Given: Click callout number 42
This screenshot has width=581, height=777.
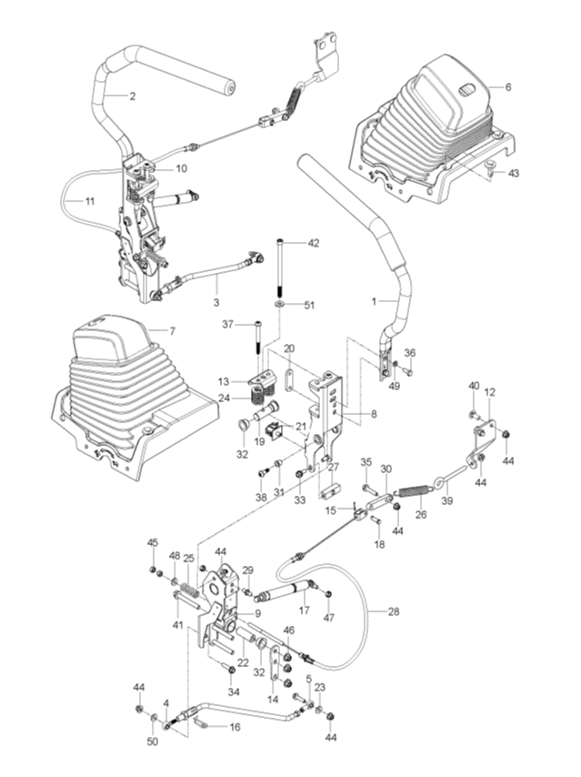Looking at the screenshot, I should [x=314, y=243].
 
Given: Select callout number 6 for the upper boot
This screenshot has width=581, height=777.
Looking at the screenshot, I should [x=507, y=86].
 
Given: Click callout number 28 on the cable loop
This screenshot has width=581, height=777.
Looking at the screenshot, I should [x=393, y=611].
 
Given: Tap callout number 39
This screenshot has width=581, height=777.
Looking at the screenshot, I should [x=446, y=499].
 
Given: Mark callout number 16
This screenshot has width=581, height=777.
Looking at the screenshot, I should [x=234, y=728].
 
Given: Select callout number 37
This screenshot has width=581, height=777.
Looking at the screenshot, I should [x=229, y=325].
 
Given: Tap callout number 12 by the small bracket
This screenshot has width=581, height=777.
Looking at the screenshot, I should [x=489, y=392].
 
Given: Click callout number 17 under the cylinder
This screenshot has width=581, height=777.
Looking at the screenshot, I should [x=306, y=611].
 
